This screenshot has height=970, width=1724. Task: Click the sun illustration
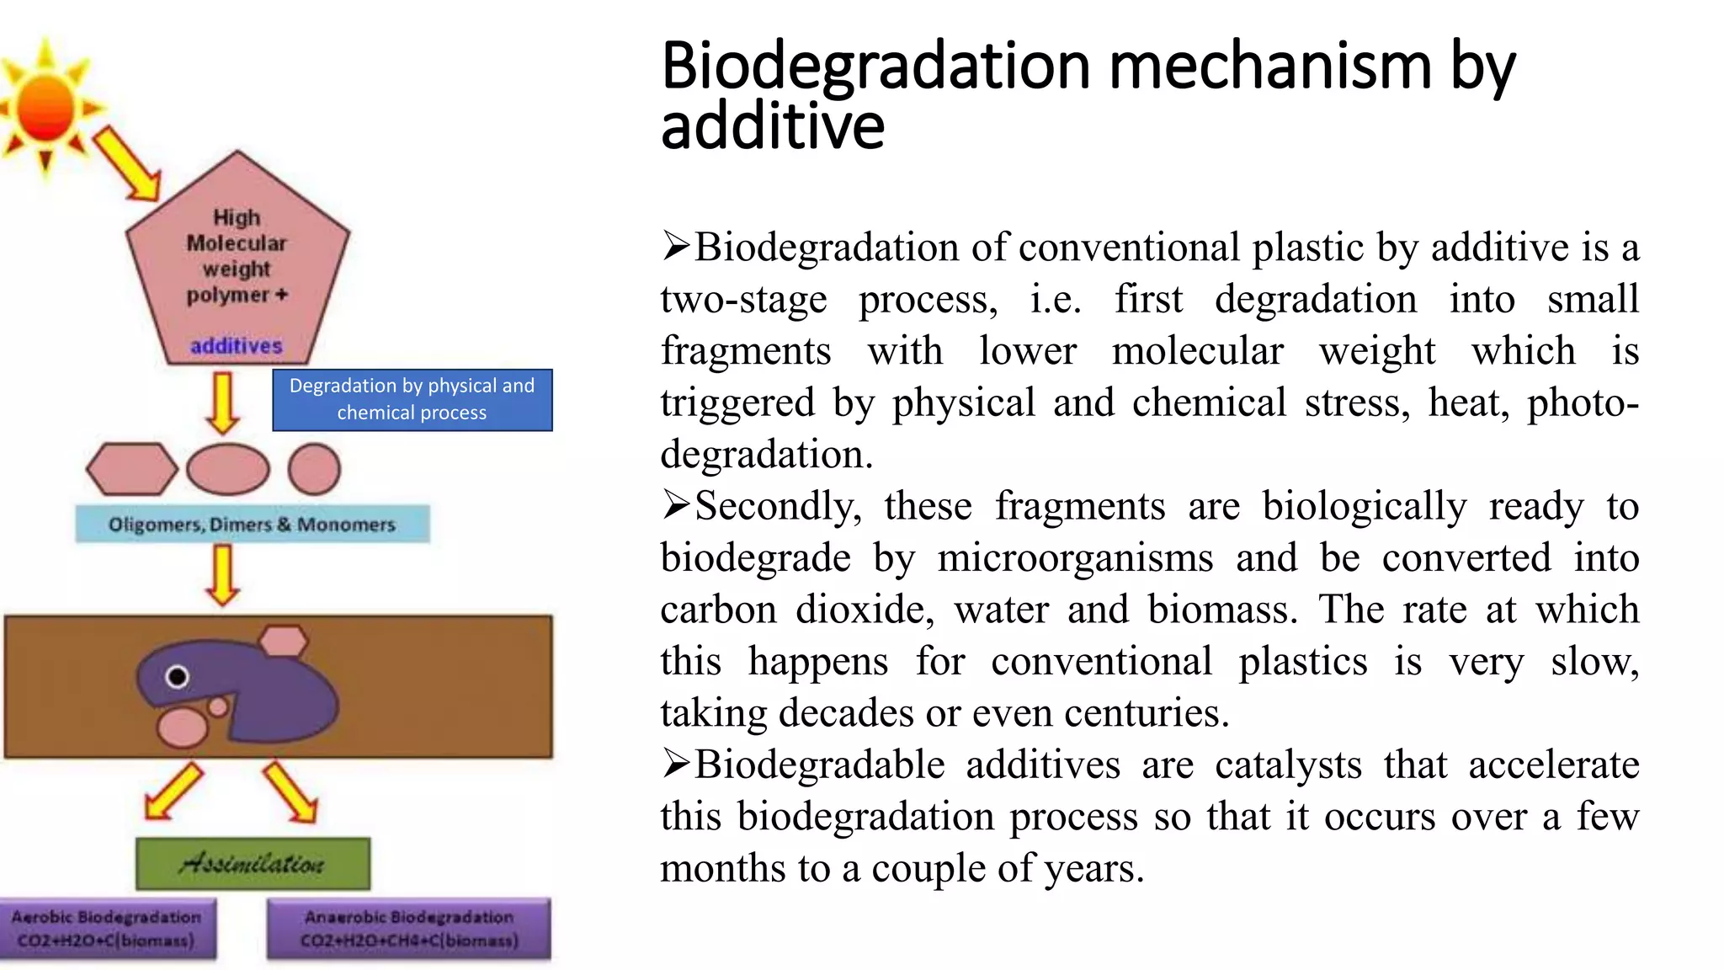click(x=46, y=107)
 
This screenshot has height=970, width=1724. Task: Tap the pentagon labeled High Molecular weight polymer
click(x=237, y=261)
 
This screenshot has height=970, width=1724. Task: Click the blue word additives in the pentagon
click(x=237, y=346)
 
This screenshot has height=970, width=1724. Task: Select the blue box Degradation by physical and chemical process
click(x=412, y=400)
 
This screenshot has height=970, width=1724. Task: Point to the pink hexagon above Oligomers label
click(x=132, y=469)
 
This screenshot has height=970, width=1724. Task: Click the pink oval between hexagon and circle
click(x=228, y=469)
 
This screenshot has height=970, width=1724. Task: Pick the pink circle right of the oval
click(x=314, y=469)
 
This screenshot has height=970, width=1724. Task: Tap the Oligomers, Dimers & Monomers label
click(x=252, y=525)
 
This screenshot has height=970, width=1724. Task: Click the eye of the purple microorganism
click(x=178, y=676)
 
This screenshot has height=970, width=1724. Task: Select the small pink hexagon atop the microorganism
click(x=284, y=641)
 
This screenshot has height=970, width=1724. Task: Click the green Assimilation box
click(x=253, y=863)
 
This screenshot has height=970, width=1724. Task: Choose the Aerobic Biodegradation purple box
click(x=107, y=929)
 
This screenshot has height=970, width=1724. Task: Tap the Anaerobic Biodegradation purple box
click(x=409, y=929)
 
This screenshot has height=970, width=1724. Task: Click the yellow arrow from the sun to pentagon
click(x=127, y=163)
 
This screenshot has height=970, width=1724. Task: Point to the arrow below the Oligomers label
click(x=223, y=575)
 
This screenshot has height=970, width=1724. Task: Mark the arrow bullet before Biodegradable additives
click(x=675, y=764)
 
